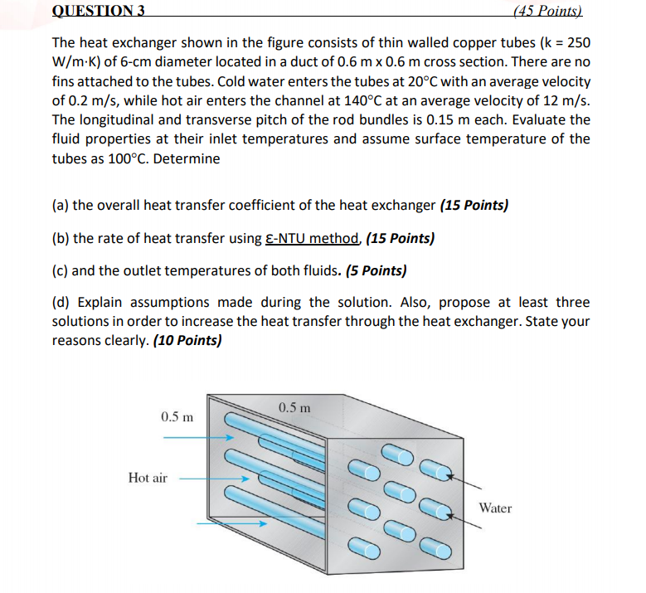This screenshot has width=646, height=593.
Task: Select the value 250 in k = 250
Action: pyautogui.click(x=578, y=42)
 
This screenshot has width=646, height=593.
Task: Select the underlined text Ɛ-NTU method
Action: pyautogui.click(x=313, y=239)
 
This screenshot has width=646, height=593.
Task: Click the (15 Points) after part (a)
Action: pyautogui.click(x=474, y=205)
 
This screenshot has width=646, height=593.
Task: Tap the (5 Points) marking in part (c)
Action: pyautogui.click(x=371, y=270)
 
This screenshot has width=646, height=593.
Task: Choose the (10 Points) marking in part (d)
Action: pyautogui.click(x=187, y=340)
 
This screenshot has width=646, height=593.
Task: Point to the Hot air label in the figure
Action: pyautogui.click(x=148, y=478)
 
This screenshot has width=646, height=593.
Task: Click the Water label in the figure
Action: pyautogui.click(x=495, y=508)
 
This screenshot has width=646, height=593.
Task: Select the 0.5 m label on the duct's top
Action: pyautogui.click(x=295, y=407)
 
